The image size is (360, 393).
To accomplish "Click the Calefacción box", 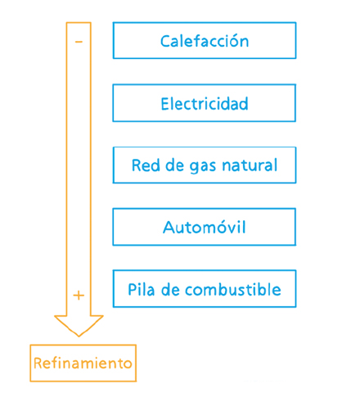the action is pos(205,40).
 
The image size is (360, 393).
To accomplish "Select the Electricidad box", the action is pos(205,103).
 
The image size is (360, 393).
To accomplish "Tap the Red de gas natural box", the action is pos(205,165).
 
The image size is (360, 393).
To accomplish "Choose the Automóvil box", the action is pos(205,227).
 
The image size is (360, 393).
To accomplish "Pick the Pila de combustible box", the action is pos(205,289).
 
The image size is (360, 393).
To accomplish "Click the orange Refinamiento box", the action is pos(83,363).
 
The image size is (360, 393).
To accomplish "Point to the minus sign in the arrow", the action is pos(79,42).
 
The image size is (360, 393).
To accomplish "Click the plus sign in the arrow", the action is pos(79,296).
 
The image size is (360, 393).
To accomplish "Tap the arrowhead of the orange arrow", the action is pos(79,325).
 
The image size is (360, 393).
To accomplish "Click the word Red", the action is pos(146,165).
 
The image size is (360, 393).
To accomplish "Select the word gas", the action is pos(203,167).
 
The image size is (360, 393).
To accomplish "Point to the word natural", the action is pos(250,165).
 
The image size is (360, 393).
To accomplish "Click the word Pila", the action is pos(142,289).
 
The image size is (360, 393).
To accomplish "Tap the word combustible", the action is pos(233,289).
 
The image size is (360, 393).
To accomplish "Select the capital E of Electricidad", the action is pos(165,104).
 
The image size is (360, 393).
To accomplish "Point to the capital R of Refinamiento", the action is pos(38,364).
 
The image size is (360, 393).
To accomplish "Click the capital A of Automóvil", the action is pos(169,227).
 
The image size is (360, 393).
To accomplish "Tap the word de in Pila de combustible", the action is pos(170,289).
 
